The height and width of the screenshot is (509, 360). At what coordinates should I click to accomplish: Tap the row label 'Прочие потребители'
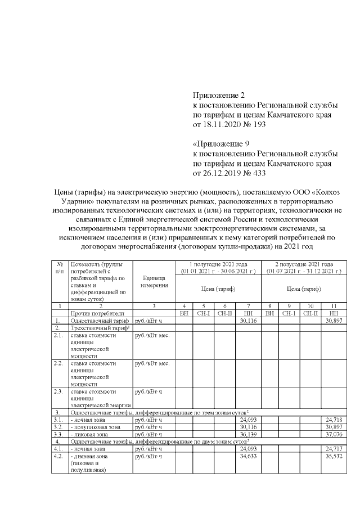97,312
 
